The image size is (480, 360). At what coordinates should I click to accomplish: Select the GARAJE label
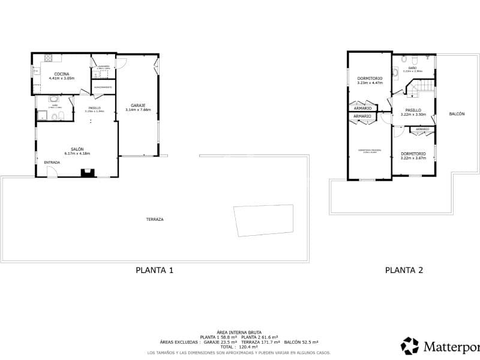pyautogui.click(x=138, y=105)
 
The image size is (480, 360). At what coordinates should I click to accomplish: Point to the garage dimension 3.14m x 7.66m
pyautogui.click(x=138, y=110)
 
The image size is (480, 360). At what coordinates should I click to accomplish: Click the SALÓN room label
pyautogui.click(x=77, y=149)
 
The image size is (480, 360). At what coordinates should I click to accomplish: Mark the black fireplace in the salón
pyautogui.click(x=88, y=173)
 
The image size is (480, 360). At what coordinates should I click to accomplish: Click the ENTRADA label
pyautogui.click(x=52, y=163)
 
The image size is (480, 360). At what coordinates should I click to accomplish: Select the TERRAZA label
pyautogui.click(x=155, y=220)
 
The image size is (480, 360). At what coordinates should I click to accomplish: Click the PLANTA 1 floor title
pyautogui.click(x=155, y=270)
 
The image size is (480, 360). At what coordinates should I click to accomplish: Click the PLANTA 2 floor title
pyautogui.click(x=404, y=270)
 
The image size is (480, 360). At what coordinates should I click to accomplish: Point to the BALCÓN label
pyautogui.click(x=456, y=114)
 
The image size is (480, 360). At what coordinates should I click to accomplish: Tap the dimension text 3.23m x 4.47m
pyautogui.click(x=370, y=83)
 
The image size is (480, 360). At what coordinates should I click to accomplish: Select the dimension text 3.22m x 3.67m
pyautogui.click(x=413, y=158)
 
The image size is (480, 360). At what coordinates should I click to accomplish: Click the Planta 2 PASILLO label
pyautogui.click(x=413, y=110)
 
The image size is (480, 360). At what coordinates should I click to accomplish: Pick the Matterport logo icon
pyautogui.click(x=410, y=346)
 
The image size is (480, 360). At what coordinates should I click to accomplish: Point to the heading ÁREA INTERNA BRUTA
pyautogui.click(x=240, y=332)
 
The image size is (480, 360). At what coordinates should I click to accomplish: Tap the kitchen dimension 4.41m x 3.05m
pyautogui.click(x=62, y=79)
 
